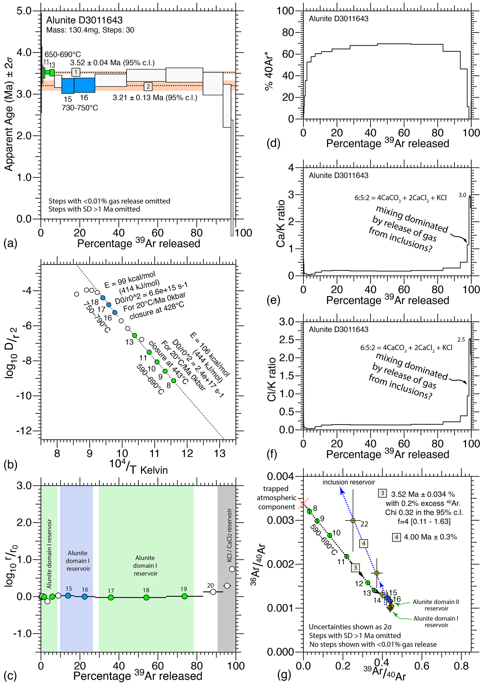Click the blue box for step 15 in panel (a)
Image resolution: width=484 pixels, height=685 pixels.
coord(68,86)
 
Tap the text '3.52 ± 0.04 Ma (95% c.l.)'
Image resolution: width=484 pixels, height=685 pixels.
coord(112,63)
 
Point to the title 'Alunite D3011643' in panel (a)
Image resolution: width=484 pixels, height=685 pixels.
coord(84,20)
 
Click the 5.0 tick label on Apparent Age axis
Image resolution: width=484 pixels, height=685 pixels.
coord(24,11)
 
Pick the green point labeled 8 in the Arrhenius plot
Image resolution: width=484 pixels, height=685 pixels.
coord(174,381)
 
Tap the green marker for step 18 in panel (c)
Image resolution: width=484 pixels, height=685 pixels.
coord(146,597)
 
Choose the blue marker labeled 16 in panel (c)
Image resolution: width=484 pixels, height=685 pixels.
coord(85,596)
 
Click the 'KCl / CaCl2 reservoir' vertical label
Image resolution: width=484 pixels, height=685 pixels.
coord(229,535)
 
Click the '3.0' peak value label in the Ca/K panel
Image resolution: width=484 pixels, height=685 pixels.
coord(462,195)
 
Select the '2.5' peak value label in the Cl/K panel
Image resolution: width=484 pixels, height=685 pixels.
coord(461,340)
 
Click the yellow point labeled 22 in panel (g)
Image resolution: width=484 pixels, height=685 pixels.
coord(353,521)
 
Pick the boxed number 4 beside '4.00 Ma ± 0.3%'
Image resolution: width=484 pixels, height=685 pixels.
coord(396,537)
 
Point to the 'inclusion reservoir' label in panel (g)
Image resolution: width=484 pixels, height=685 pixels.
coord(349,482)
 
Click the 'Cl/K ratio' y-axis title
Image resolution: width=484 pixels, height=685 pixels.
coord(272,379)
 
